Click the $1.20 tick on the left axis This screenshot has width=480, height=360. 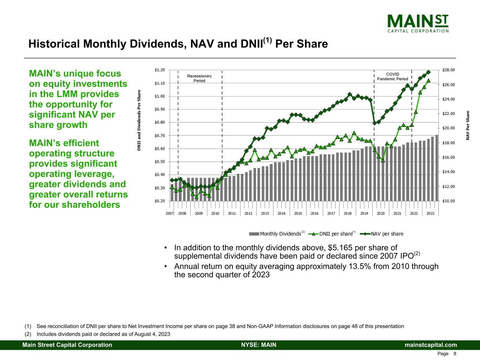pyautogui.click(x=160, y=70)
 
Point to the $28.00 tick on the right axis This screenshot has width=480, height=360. pyautogui.click(x=448, y=70)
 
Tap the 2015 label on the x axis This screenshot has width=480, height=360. pyautogui.click(x=298, y=213)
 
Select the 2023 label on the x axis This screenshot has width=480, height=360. pyautogui.click(x=430, y=213)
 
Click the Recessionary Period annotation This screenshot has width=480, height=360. pyautogui.click(x=199, y=78)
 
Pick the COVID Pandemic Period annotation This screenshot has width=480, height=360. pyautogui.click(x=392, y=77)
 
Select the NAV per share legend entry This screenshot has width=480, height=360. pyautogui.click(x=383, y=234)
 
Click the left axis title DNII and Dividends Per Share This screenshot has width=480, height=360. pyautogui.click(x=139, y=121)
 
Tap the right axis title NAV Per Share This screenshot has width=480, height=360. pyautogui.click(x=468, y=126)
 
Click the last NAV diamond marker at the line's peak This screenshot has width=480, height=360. pyautogui.click(x=428, y=72)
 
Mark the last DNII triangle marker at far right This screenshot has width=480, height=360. pyautogui.click(x=428, y=81)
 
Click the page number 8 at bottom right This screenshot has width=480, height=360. pyautogui.click(x=455, y=354)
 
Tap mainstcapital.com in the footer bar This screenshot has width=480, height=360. pyautogui.click(x=431, y=345)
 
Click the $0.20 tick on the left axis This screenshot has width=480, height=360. pyautogui.click(x=160, y=201)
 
